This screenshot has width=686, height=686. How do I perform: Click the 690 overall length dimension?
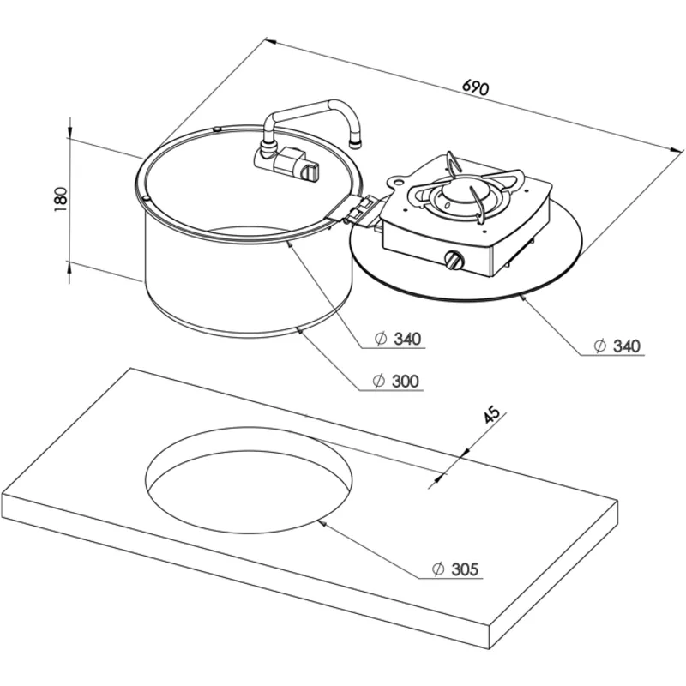pos(475,87)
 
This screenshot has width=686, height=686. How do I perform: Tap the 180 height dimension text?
pos(61,200)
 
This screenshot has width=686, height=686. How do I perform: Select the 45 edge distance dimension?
pos(491,414)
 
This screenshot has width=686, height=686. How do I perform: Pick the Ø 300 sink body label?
pos(396,381)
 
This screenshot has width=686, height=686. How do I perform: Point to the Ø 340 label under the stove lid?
pos(617,346)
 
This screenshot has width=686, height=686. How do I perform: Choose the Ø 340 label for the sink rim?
pos(398,339)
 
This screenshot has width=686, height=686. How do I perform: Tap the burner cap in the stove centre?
pos(455,191)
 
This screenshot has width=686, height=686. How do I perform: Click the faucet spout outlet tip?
pos(356,143)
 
